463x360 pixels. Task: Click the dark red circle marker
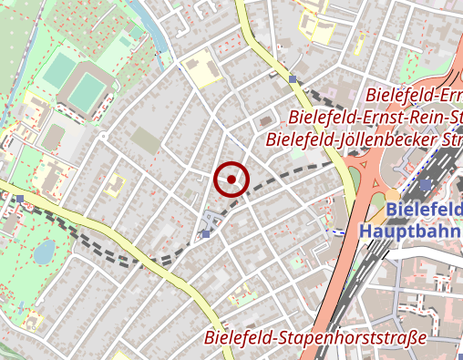tap(232, 180)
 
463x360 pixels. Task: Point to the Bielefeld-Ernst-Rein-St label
tap(375, 118)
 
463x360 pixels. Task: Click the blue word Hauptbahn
tap(410, 231)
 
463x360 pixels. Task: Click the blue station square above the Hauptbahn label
tap(426, 185)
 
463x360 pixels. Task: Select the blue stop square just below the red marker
tap(207, 234)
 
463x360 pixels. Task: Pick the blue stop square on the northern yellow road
tap(293, 79)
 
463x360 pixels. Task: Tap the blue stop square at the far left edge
tap(19, 197)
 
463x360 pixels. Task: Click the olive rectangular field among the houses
tap(145, 139)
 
